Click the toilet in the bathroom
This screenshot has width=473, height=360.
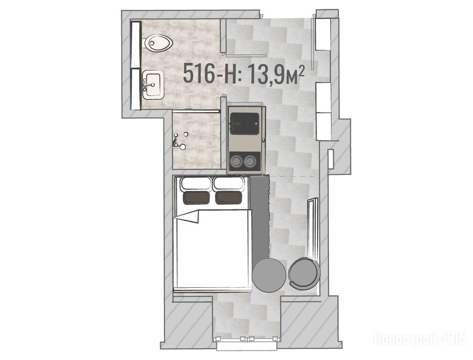click(x=158, y=43)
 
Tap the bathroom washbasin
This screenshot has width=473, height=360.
click(x=153, y=85)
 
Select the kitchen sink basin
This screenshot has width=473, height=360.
click(x=244, y=124)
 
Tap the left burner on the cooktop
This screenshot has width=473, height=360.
click(x=236, y=161)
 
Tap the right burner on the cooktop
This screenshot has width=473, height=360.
click(x=250, y=161)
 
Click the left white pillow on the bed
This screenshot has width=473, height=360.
click(x=196, y=184)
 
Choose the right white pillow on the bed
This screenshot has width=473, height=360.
click(x=229, y=184)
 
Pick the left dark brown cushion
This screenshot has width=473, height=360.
click(x=196, y=197)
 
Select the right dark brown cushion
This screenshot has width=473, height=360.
click(x=229, y=197)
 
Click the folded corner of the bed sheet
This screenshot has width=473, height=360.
click(x=188, y=216)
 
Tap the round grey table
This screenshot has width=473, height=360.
click(x=269, y=275)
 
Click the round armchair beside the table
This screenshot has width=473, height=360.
click(x=303, y=273)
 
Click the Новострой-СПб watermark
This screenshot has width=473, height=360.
click(x=421, y=338)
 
